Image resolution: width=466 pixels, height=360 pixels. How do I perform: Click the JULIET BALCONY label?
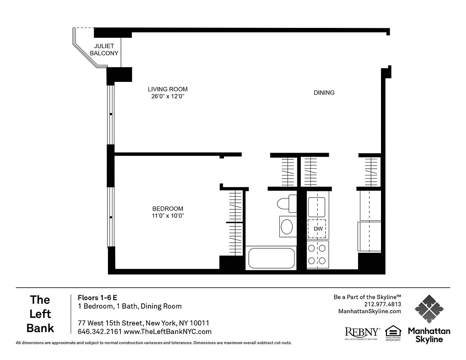tap(104, 49)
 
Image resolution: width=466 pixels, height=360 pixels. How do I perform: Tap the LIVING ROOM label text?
tap(168, 89)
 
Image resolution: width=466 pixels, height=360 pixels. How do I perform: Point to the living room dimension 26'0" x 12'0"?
tap(168, 96)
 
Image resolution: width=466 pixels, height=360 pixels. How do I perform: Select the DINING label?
tap(324, 93)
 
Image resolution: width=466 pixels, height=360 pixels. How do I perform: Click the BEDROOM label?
tap(168, 208)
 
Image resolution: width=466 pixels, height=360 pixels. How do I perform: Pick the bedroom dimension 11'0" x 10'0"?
tap(168, 216)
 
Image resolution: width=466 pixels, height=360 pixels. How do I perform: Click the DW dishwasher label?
tap(318, 229)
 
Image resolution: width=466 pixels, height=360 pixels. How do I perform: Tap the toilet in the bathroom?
tap(287, 203)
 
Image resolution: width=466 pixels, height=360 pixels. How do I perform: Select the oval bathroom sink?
tap(287, 227)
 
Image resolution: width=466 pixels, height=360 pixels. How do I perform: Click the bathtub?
tap(271, 258)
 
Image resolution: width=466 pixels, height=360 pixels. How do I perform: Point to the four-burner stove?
tap(317, 254)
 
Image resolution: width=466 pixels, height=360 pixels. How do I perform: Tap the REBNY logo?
tap(362, 332)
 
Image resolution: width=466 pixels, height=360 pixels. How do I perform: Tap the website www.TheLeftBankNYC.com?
tap(167, 332)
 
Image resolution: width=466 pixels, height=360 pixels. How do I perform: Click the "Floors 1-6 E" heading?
tap(98, 297)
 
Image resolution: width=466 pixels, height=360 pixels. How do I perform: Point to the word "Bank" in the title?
tap(40, 328)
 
